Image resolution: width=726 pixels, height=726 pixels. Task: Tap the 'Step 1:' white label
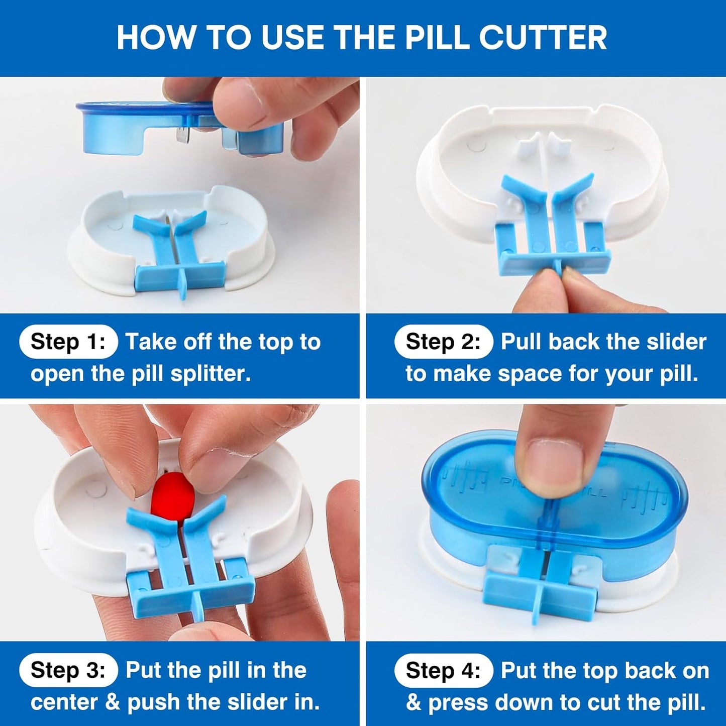(68, 342)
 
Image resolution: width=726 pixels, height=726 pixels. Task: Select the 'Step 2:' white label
(443, 342)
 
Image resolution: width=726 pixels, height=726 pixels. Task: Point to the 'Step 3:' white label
(68, 670)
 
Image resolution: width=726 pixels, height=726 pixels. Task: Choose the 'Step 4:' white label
(443, 670)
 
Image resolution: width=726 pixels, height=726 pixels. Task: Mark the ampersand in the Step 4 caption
(413, 702)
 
